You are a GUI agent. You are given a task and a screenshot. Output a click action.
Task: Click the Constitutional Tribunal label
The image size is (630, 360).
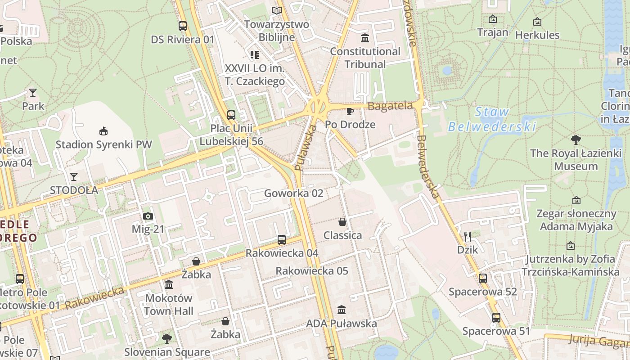[x=365, y=58]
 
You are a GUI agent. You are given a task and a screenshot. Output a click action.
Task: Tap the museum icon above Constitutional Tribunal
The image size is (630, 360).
[x=365, y=38]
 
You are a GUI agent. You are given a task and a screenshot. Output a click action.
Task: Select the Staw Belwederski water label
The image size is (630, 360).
[x=492, y=119]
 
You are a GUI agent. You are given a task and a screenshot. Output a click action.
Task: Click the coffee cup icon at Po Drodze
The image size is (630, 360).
[x=350, y=111]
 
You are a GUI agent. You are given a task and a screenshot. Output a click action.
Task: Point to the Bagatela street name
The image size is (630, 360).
[x=390, y=106]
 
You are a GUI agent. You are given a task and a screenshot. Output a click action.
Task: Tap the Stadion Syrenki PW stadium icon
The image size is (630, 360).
[x=103, y=131]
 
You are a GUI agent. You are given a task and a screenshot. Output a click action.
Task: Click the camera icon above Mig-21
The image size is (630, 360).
[x=148, y=216]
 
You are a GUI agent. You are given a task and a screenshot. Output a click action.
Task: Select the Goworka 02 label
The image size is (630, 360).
[x=293, y=193]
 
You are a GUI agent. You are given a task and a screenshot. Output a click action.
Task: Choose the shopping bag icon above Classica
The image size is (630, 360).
[x=342, y=222]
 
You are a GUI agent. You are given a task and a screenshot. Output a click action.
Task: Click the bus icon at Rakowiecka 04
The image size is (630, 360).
[x=282, y=239]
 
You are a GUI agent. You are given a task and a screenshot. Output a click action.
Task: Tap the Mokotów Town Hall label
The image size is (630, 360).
[x=169, y=304]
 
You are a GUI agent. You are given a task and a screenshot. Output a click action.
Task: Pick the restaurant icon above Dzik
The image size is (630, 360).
[x=468, y=236]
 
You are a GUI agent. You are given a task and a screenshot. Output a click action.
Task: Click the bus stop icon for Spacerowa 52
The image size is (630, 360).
[x=483, y=278]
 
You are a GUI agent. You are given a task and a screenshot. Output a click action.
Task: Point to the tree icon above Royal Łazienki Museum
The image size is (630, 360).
[x=576, y=139]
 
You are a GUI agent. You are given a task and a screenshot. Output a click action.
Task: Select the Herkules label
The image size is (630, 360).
[x=537, y=35]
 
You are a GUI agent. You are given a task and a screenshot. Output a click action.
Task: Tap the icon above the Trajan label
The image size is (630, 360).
[x=493, y=19]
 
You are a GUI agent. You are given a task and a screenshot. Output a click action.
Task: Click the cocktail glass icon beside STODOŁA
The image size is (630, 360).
[x=74, y=176]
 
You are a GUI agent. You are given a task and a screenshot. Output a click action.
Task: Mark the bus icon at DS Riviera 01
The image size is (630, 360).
[x=182, y=26]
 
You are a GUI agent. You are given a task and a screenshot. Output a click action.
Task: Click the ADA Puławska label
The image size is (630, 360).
[x=341, y=323]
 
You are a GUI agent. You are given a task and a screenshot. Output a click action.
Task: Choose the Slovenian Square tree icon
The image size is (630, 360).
[x=167, y=338]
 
